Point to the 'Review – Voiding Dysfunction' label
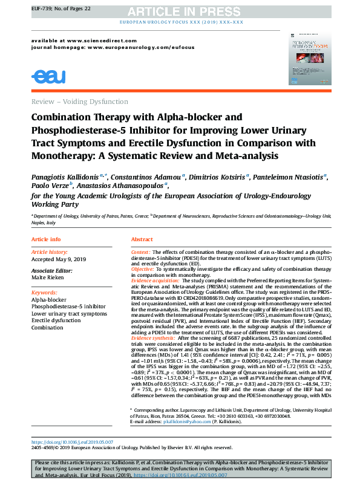(x=79, y=102)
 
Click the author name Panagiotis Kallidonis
(x=67, y=177)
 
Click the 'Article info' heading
(x=46, y=239)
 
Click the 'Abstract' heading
(x=142, y=239)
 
